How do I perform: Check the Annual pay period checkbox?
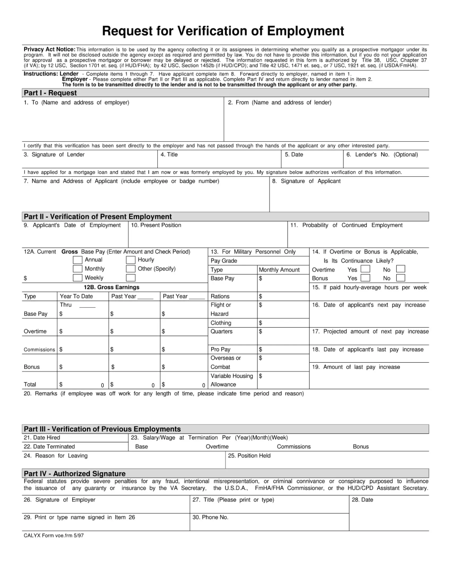point(77,260)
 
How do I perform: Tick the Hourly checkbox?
point(131,260)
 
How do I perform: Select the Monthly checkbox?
point(77,268)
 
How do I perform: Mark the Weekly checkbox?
point(77,278)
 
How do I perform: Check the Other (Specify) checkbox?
point(131,268)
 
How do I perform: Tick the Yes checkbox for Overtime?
point(365,269)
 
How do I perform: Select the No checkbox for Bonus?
point(401,278)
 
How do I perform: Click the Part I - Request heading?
point(50,93)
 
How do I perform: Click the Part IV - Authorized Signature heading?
point(75,474)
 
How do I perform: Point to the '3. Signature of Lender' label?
point(54,154)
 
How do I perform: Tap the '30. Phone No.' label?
point(210,517)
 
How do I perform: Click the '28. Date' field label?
point(362,500)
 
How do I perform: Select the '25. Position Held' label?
point(249,456)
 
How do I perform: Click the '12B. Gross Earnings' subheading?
point(111,287)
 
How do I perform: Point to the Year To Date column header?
point(76,296)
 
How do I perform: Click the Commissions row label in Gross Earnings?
point(39,350)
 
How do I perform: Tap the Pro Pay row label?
point(220,349)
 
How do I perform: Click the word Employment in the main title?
point(305,31)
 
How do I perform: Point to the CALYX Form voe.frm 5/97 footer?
point(54,535)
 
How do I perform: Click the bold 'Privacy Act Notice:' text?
point(49,49)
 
